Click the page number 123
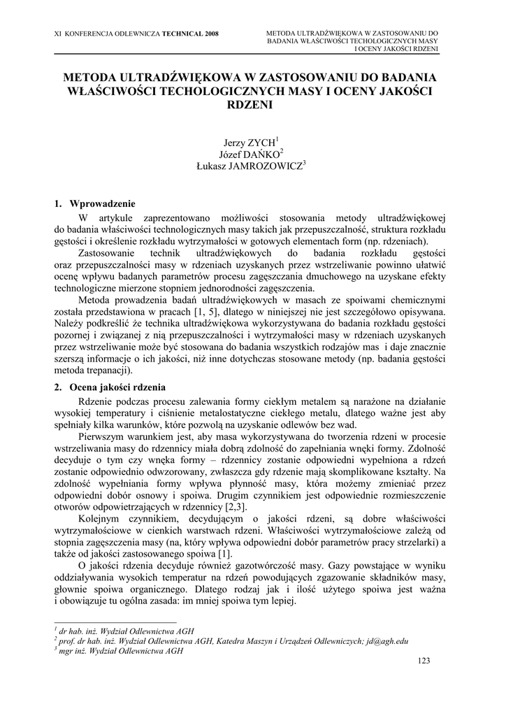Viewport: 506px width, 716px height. [423, 661]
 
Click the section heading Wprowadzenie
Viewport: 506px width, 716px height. [102, 204]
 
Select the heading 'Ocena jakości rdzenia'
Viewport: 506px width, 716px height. [117, 387]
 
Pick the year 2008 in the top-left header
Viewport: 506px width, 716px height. [208, 33]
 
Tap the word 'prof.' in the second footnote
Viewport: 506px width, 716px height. [68, 640]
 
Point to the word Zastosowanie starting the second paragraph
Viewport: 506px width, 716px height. [108, 252]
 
